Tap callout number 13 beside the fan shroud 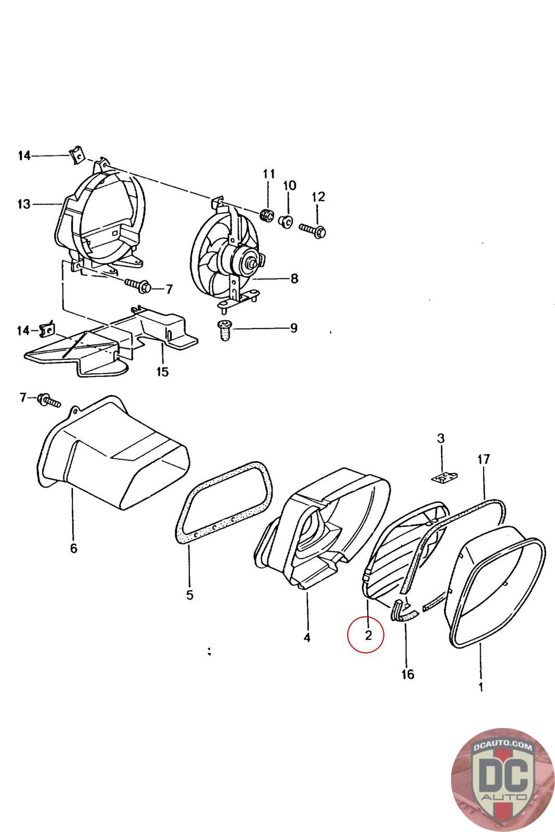(24, 204)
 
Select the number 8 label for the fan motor (294, 279)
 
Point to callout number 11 (268, 174)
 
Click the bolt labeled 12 (312, 229)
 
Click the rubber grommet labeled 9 (225, 330)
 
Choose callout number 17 (484, 459)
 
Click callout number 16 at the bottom (408, 674)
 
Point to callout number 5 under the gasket (189, 594)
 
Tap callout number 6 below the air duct (73, 548)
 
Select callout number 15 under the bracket (163, 372)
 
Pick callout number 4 (307, 637)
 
